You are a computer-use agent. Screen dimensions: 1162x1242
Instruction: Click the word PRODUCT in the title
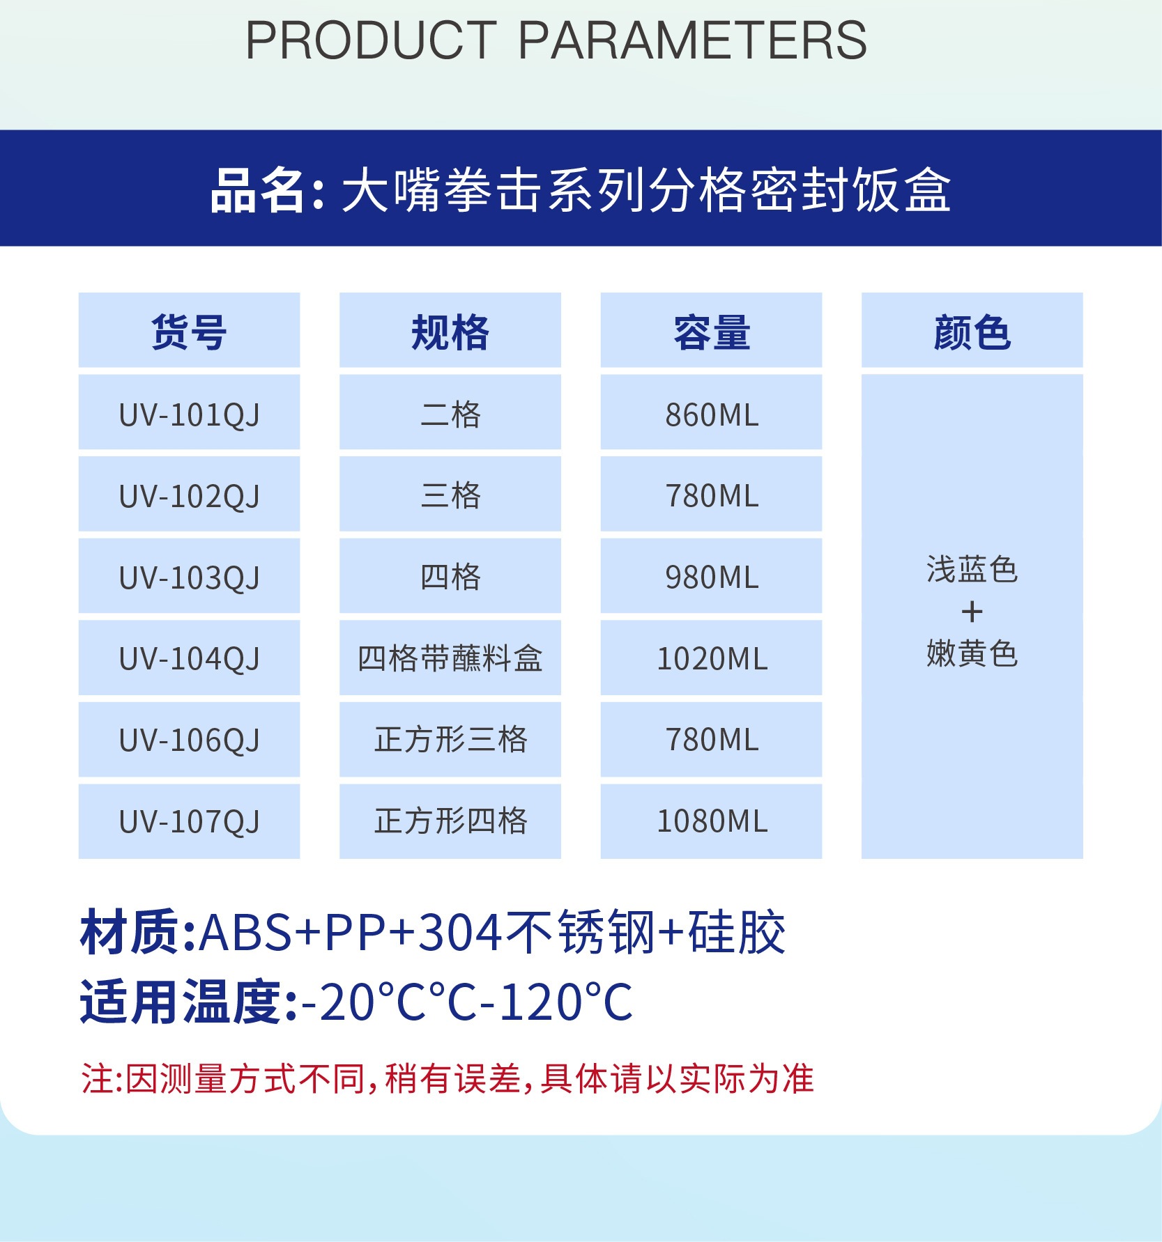click(x=371, y=40)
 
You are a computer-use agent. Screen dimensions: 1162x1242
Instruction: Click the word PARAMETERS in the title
click(x=693, y=40)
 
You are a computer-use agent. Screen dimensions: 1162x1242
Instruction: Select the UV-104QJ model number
click(x=189, y=658)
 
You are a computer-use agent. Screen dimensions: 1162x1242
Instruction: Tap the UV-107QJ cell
click(x=189, y=821)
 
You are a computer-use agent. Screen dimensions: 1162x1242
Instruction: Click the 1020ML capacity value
click(x=712, y=658)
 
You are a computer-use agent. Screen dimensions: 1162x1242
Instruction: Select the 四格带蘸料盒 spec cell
click(x=450, y=658)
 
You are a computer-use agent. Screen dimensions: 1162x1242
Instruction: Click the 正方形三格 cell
click(x=450, y=740)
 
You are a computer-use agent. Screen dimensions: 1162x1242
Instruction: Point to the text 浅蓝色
click(x=972, y=570)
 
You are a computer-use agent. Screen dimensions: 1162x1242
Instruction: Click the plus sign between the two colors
click(x=972, y=612)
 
